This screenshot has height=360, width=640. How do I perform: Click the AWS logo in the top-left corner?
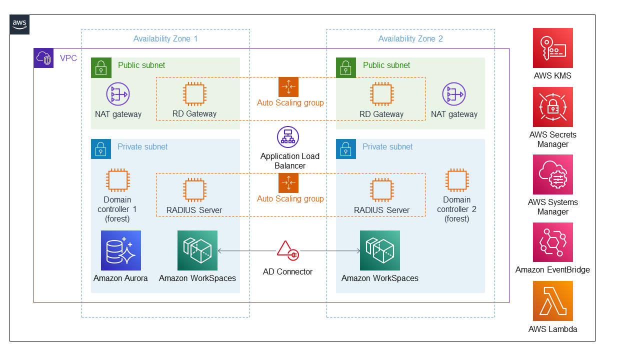[x=19, y=24]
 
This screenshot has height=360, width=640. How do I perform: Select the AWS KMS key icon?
[x=552, y=48]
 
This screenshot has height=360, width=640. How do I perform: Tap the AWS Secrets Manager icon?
[x=552, y=107]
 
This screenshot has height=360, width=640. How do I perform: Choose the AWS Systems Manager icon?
[x=552, y=174]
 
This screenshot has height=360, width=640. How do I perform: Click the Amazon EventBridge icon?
[x=552, y=242]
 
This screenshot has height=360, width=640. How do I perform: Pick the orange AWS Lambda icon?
[x=552, y=301]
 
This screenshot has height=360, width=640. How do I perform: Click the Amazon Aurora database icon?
[x=120, y=250]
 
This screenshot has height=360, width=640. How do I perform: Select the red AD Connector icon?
[x=287, y=251]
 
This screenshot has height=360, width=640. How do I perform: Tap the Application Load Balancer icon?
[x=288, y=137]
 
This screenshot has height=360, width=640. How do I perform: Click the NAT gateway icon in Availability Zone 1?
[x=118, y=94]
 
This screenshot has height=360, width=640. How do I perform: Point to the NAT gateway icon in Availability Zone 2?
[x=454, y=94]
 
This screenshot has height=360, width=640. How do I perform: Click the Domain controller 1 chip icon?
[x=117, y=180]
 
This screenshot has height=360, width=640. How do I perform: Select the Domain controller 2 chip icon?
[x=457, y=180]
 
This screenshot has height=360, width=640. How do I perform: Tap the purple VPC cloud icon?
[x=43, y=58]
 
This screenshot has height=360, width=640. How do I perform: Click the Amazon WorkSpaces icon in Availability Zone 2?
[x=380, y=250]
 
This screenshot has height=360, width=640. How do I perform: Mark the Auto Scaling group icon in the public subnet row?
[x=288, y=87]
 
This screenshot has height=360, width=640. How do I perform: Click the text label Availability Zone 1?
[x=165, y=39]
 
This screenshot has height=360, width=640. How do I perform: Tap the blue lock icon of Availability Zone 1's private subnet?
[x=101, y=149]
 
